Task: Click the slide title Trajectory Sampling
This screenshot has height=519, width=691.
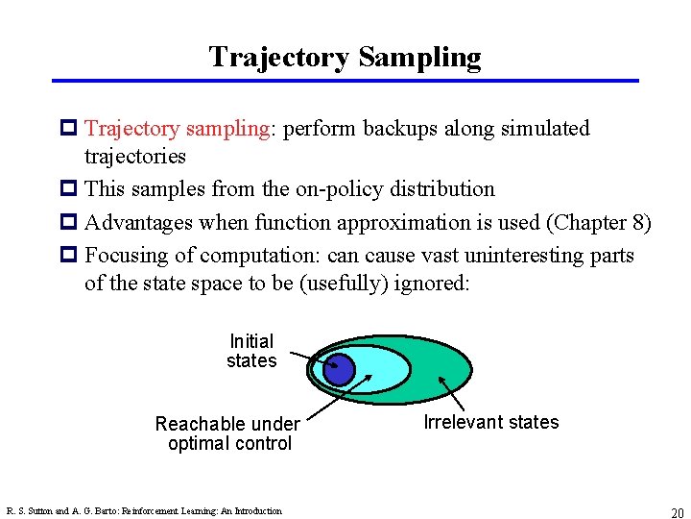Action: (x=345, y=57)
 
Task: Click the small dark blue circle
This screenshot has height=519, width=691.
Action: (x=338, y=369)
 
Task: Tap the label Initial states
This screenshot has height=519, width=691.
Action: (x=251, y=351)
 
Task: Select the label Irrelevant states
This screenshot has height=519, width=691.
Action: (x=490, y=422)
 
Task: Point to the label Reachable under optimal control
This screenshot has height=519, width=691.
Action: (x=228, y=433)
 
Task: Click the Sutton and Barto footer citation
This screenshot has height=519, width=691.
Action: (x=144, y=511)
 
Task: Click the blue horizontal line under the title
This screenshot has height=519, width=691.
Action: (x=345, y=81)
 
